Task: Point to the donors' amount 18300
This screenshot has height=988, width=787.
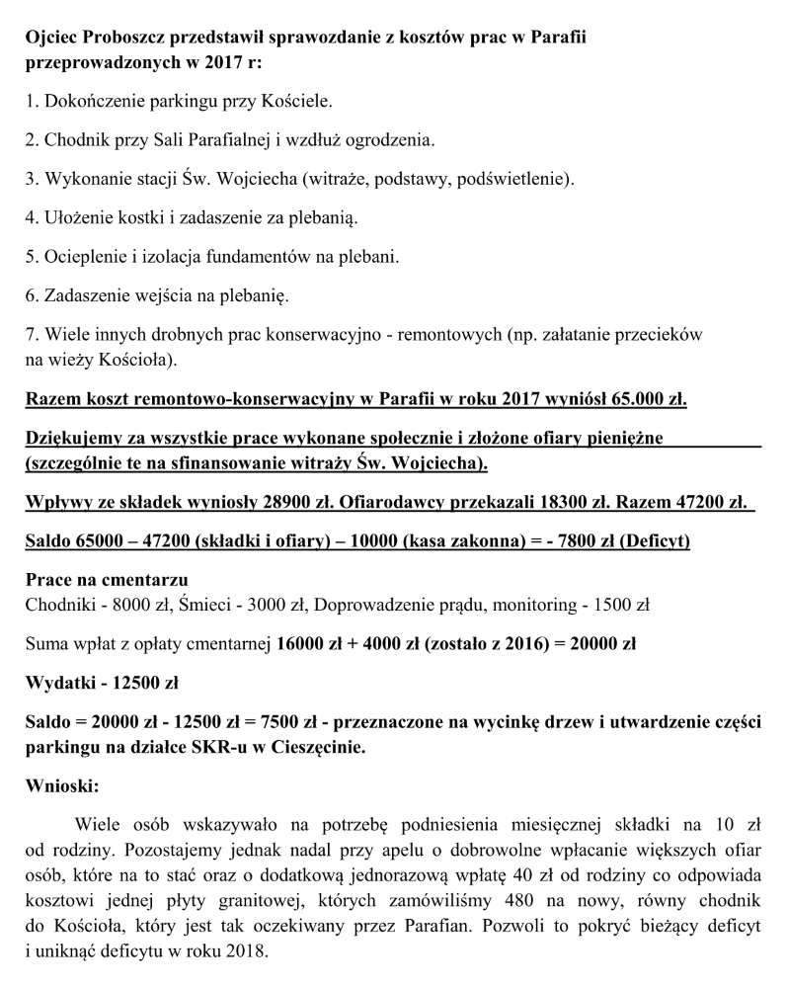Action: [x=539, y=502]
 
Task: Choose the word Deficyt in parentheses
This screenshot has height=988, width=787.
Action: [x=652, y=541]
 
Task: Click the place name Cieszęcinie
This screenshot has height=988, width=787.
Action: [x=309, y=747]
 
